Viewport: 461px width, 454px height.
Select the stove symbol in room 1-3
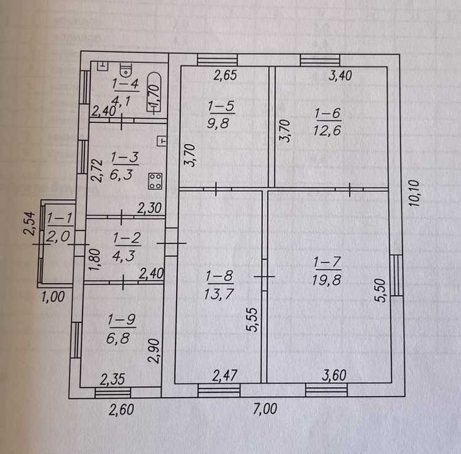(x=155, y=182)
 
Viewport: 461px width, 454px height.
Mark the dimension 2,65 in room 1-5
(x=225, y=75)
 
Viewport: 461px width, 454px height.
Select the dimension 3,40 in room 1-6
(x=340, y=75)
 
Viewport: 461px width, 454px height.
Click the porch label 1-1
(x=58, y=219)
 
